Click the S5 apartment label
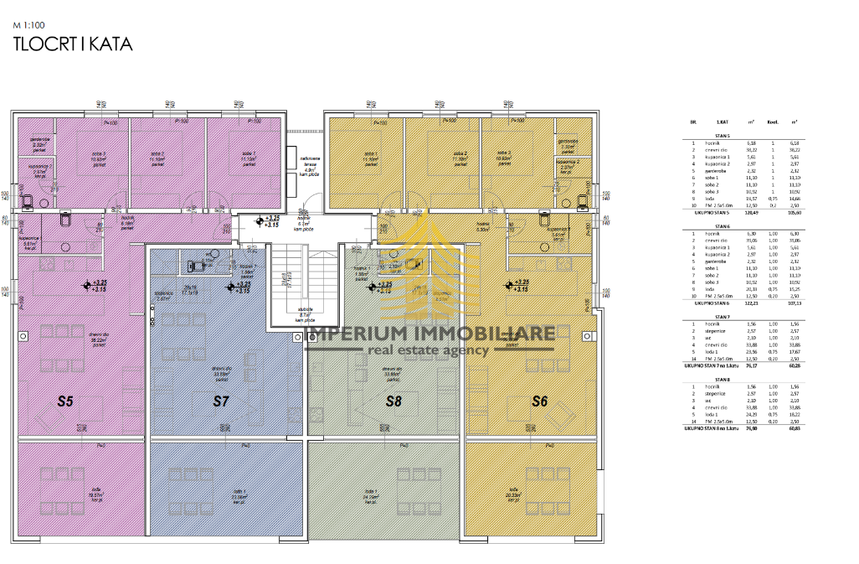65,401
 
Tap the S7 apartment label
220,401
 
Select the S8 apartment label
394,401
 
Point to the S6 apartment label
540,401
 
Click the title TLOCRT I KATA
73,45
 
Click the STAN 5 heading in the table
722,134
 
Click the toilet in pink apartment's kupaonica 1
64,222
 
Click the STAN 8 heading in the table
722,376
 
